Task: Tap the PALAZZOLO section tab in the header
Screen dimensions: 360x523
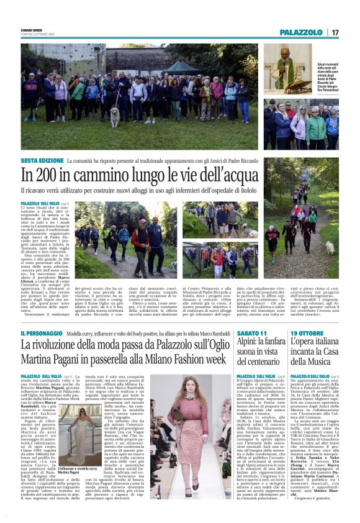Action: (x=301, y=32)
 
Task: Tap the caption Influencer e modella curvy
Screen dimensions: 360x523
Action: (x=80, y=470)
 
